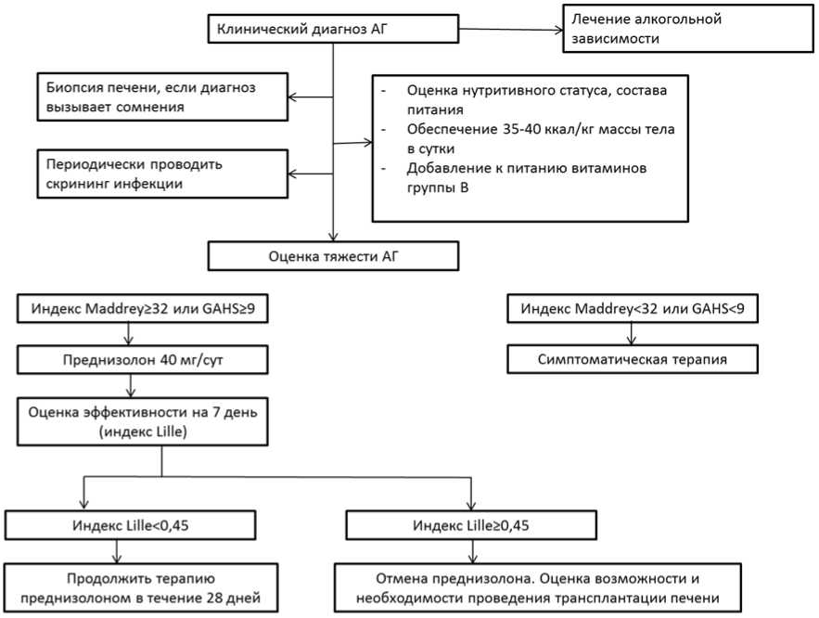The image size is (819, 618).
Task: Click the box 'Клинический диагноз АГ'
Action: point(332,29)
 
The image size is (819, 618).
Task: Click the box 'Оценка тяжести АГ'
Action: point(332,255)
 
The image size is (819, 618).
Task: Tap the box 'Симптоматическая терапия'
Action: point(632,357)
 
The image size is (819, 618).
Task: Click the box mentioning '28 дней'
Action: point(143,586)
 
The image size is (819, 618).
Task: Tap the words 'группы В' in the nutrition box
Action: point(437,188)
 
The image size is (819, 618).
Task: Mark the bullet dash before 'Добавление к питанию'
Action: point(384,169)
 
